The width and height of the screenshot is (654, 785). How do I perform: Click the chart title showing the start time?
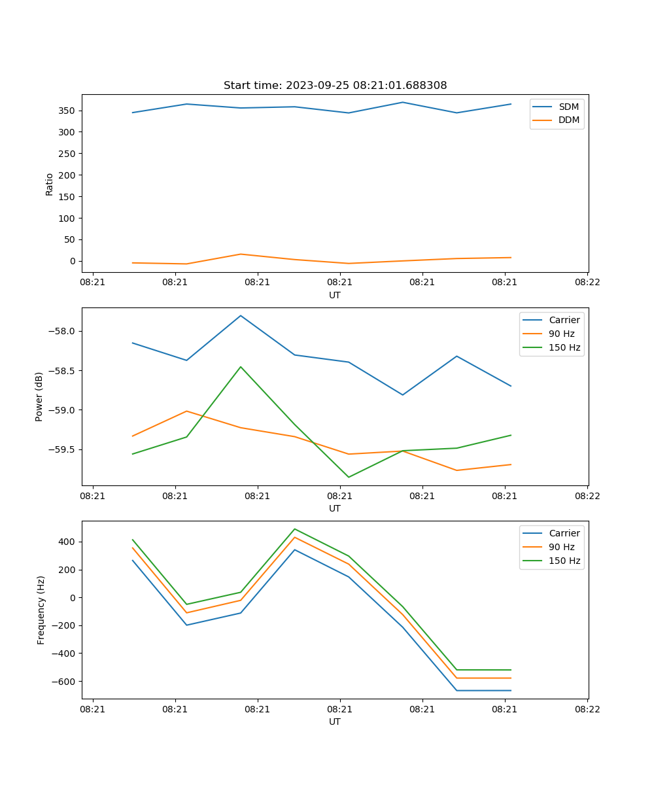335,86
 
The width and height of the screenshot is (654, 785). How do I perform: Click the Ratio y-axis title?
49,184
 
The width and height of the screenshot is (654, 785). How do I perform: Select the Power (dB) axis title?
39,396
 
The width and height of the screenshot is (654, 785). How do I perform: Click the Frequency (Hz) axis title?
41,610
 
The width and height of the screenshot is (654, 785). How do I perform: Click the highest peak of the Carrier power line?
241,315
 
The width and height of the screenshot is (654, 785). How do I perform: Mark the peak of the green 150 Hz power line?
241,367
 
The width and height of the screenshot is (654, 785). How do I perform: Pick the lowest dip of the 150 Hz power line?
349,477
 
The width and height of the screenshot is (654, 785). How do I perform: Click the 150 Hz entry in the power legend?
564,347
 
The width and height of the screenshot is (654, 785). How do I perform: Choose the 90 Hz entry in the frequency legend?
562,547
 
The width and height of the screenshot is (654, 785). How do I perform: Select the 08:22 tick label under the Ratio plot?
587,283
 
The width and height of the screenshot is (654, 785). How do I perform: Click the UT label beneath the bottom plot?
335,722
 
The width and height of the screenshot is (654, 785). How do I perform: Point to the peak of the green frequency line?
294,529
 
